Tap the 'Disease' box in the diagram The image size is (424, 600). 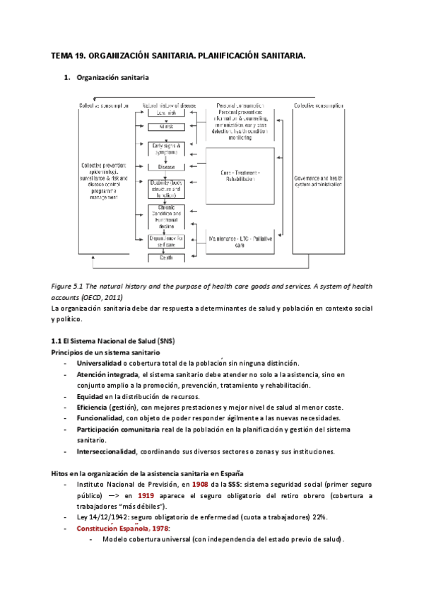(x=167, y=168)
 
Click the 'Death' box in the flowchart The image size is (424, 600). (x=167, y=258)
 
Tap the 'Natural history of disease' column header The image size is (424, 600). (x=168, y=105)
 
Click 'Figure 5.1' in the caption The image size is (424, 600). (x=69, y=285)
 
